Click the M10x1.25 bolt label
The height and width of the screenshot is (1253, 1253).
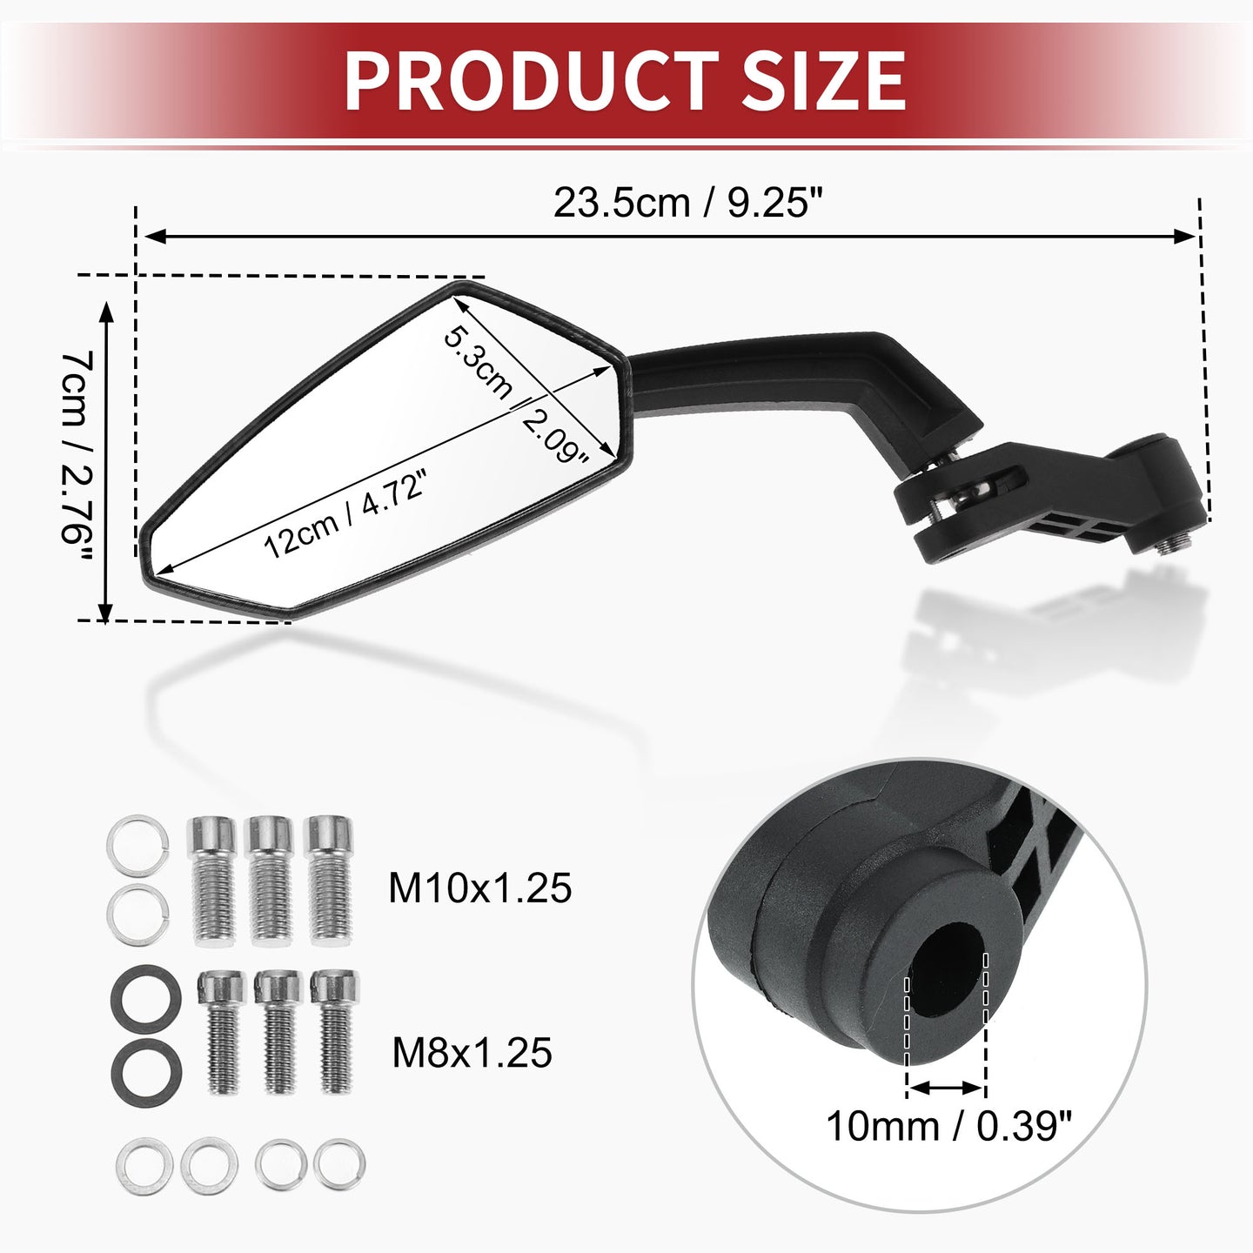tap(479, 888)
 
